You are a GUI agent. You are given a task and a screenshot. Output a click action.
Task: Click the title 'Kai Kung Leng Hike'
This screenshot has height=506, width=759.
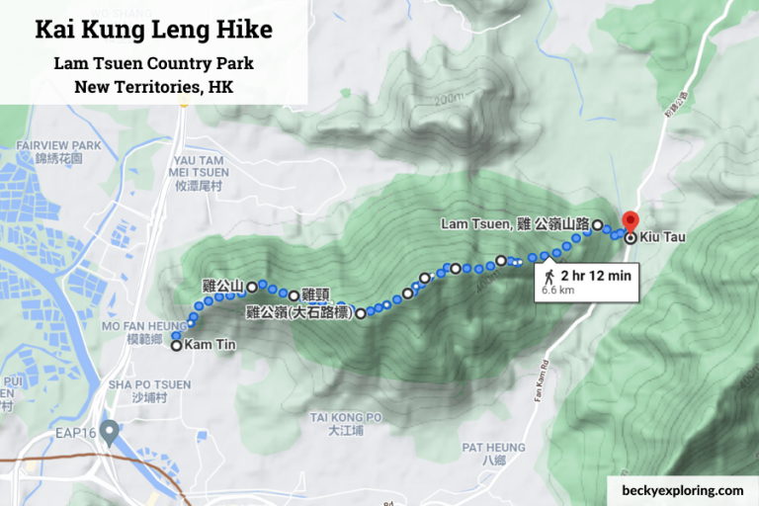(x=153, y=30)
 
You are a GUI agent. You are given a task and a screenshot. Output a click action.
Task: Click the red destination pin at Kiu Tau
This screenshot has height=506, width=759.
(x=630, y=222)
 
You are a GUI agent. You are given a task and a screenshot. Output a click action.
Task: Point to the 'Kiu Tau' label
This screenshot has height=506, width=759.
(x=661, y=237)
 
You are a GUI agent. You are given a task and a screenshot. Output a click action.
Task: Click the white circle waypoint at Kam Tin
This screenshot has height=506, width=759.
(x=177, y=346)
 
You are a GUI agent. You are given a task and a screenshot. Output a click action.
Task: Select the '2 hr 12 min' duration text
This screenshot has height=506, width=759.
(x=595, y=275)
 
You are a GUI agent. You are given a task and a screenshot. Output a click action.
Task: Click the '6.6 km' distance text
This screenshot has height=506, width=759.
(x=558, y=291)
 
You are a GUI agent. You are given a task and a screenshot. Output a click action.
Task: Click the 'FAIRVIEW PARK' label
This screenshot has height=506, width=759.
(x=58, y=145)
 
